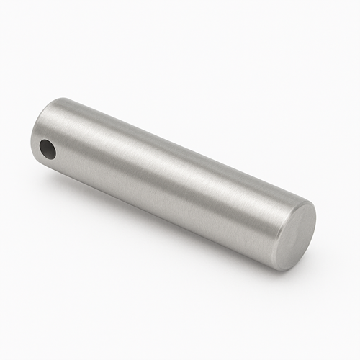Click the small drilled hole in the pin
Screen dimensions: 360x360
(x=48, y=149)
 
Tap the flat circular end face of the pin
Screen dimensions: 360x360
(x=296, y=235)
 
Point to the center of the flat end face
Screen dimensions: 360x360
(x=296, y=235)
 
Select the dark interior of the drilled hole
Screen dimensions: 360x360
(x=47, y=150)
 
